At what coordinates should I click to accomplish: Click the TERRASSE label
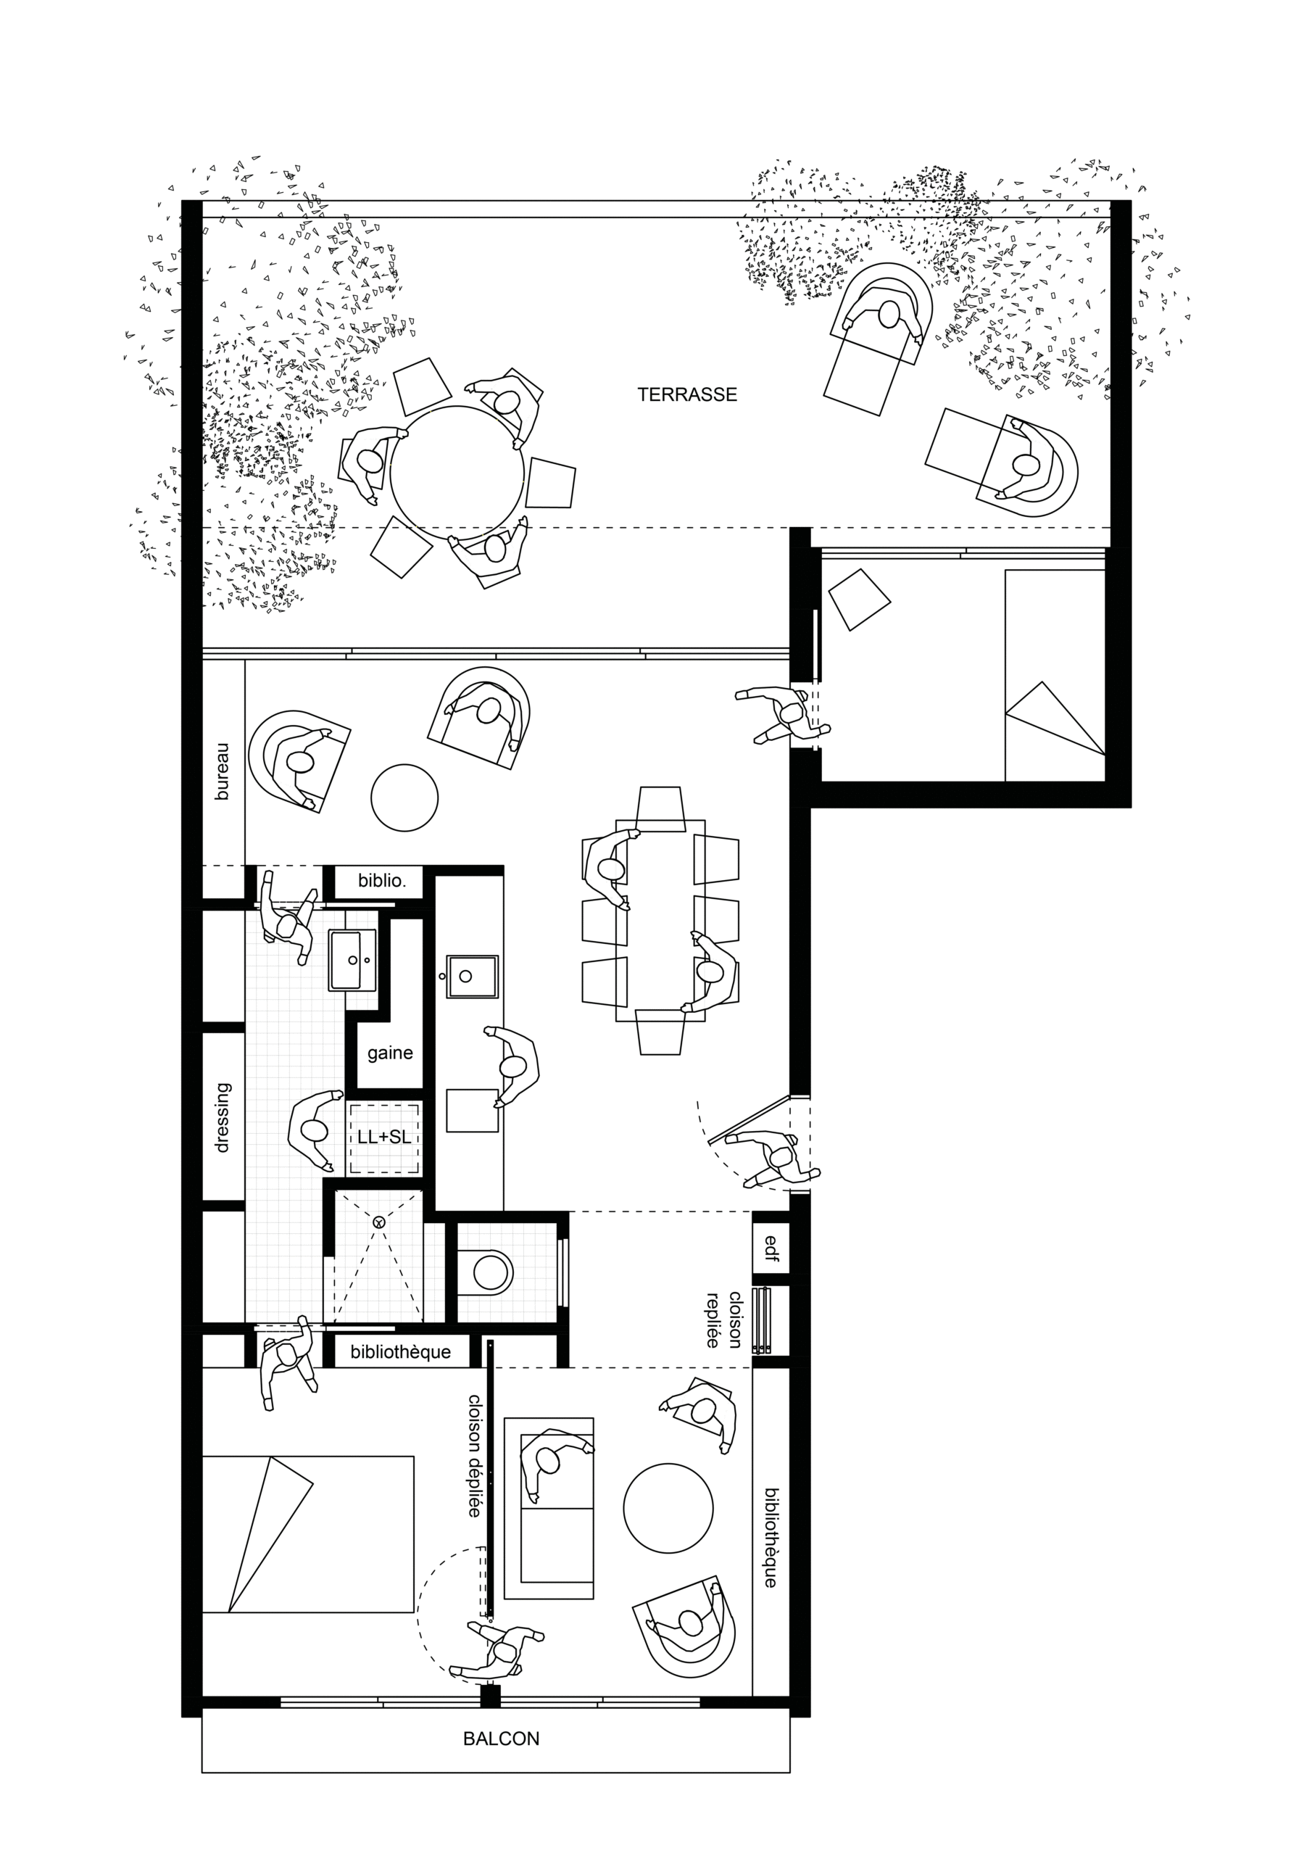coord(687,394)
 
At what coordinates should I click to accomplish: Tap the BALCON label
coord(501,1738)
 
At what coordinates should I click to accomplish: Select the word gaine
coord(390,1053)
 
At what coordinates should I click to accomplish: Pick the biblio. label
coord(381,880)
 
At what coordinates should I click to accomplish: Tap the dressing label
coord(223,1118)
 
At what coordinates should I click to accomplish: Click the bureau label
coord(223,772)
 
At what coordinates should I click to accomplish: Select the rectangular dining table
coord(660,921)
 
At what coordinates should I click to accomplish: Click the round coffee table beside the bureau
coord(404,797)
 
